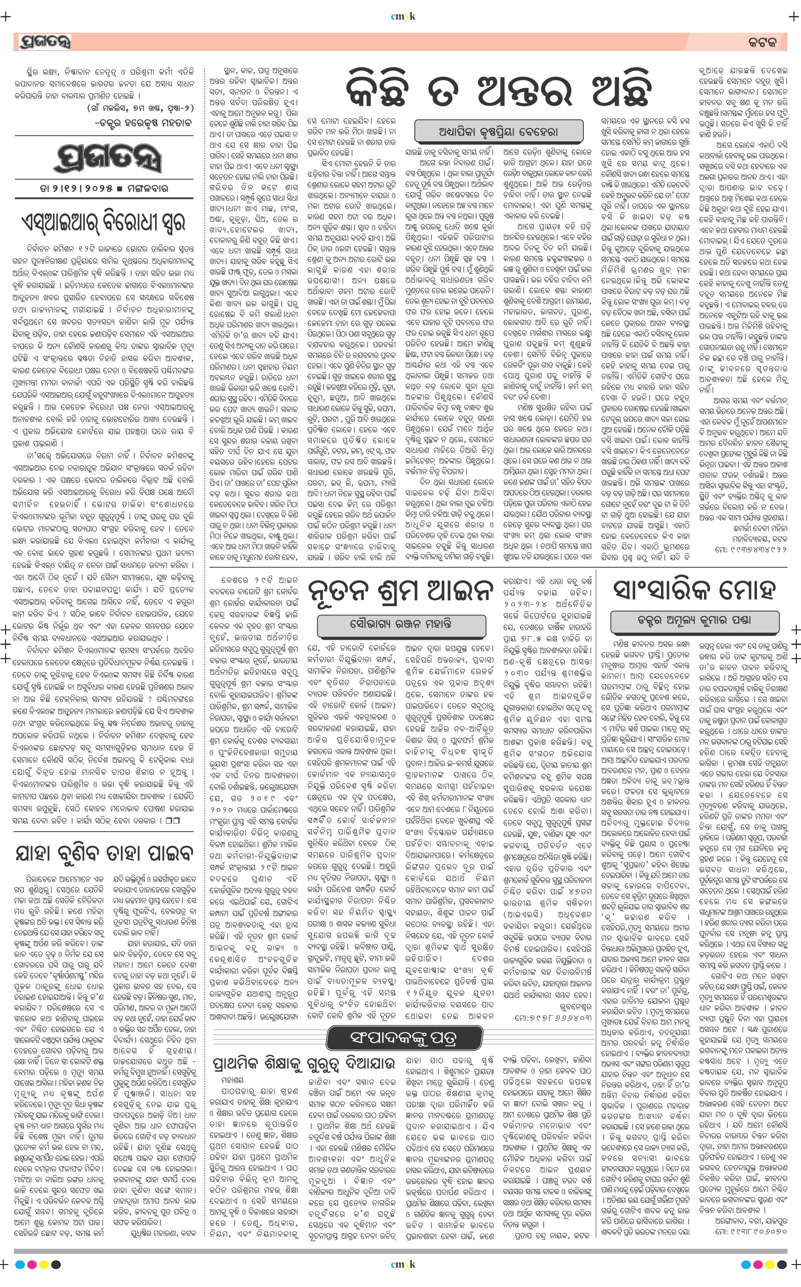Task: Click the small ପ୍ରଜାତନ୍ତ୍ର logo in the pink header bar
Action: pyautogui.click(x=44, y=41)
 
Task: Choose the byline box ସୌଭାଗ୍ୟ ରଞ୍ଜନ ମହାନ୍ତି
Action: pyautogui.click(x=401, y=624)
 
